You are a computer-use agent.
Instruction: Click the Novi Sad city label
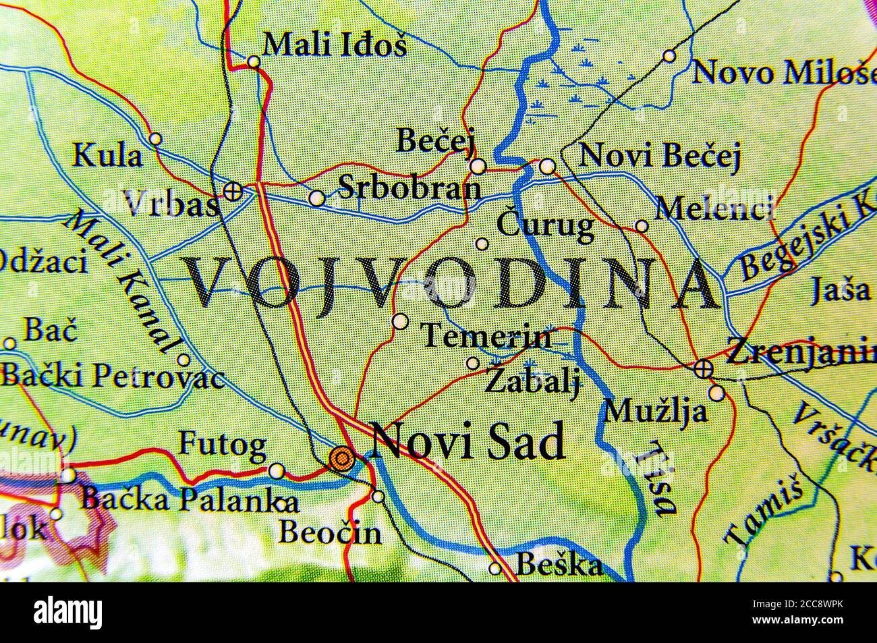(x=468, y=443)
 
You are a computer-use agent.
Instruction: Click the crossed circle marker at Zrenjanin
(x=703, y=368)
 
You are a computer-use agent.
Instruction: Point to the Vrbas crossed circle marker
(x=233, y=190)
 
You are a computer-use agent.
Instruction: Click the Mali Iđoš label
(x=335, y=45)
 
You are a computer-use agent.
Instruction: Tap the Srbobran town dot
(x=316, y=197)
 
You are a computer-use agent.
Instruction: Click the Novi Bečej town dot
(x=547, y=165)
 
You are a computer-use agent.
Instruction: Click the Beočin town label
(x=329, y=533)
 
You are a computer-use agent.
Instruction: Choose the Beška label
(x=559, y=563)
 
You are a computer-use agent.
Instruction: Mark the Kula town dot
(x=155, y=139)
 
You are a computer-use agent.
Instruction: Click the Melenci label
(x=714, y=208)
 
